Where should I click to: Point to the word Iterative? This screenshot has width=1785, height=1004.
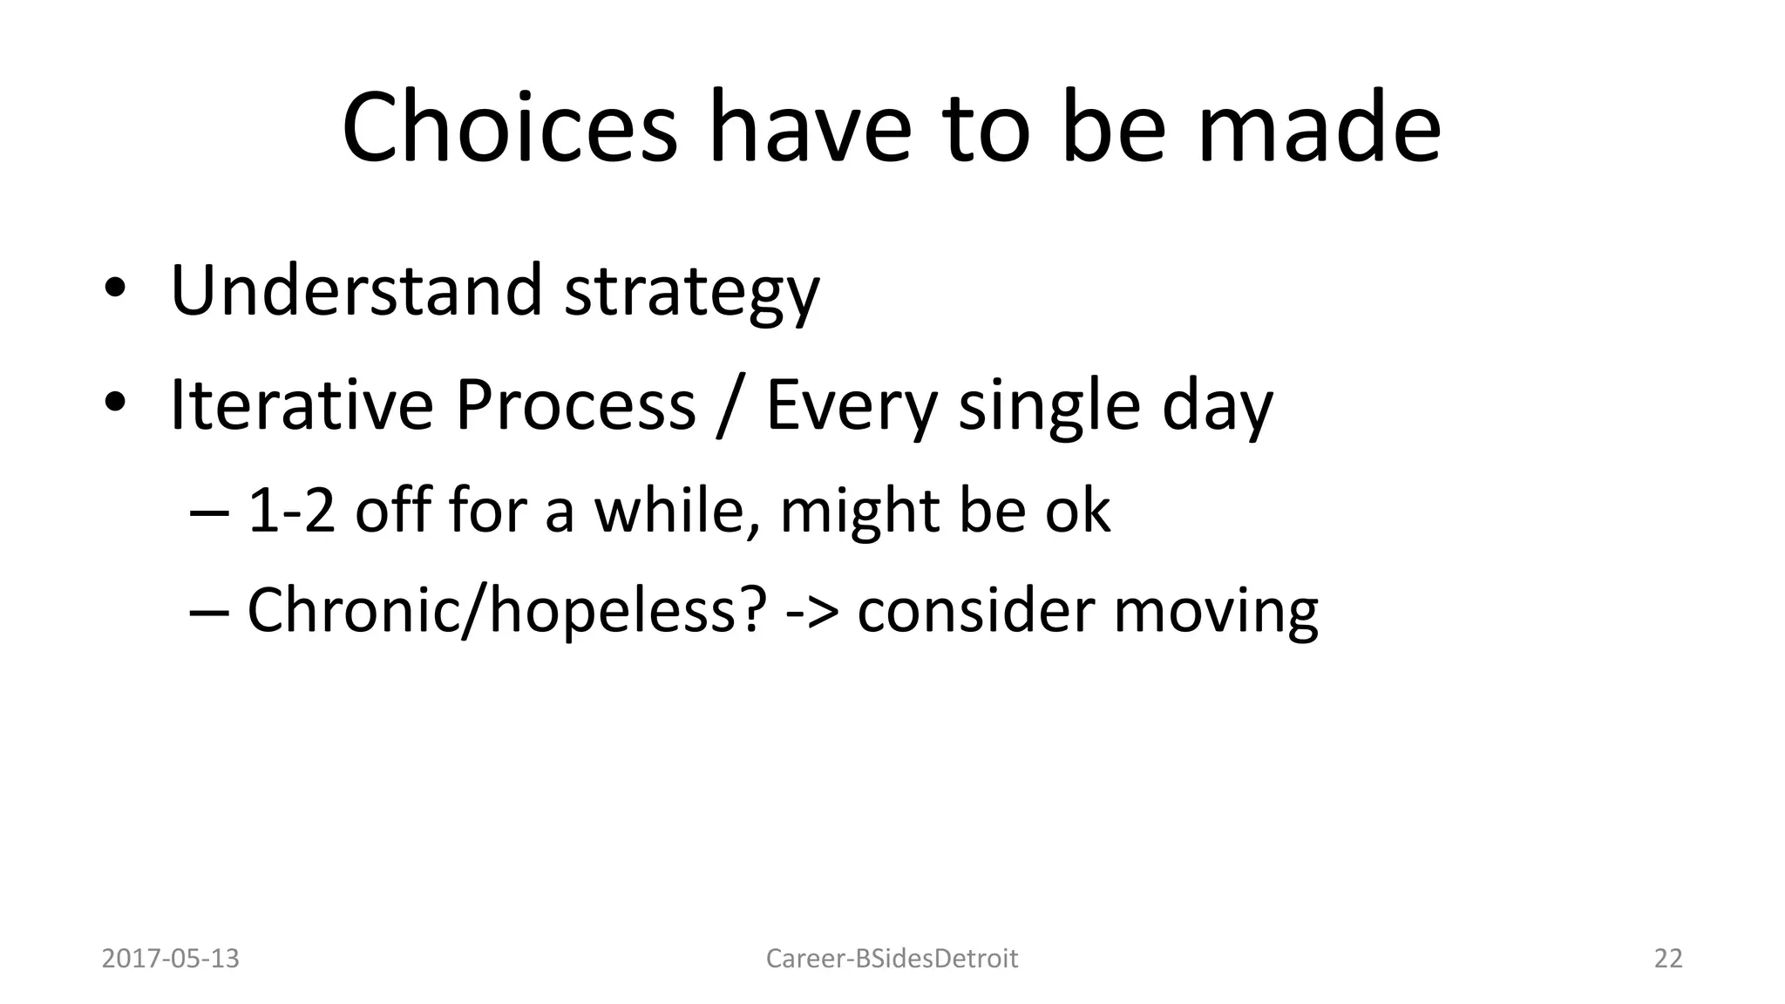point(302,404)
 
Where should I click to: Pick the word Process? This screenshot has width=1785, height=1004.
point(575,404)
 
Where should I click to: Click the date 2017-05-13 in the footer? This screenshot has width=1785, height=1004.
point(171,959)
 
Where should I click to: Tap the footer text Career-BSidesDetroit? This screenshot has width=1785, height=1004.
point(892,959)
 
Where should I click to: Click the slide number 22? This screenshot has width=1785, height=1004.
point(1668,959)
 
